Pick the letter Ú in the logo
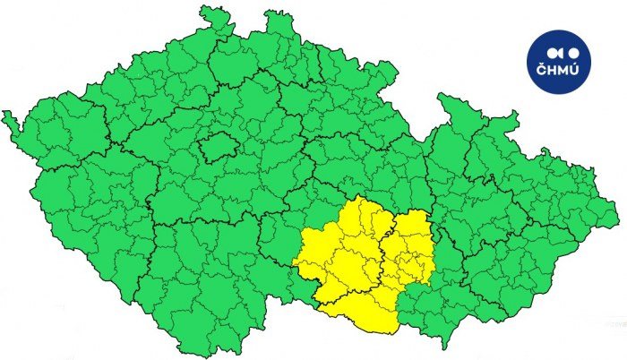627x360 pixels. [x=574, y=72]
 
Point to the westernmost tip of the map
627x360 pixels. [x=4, y=115]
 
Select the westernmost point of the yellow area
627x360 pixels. [x=293, y=262]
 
